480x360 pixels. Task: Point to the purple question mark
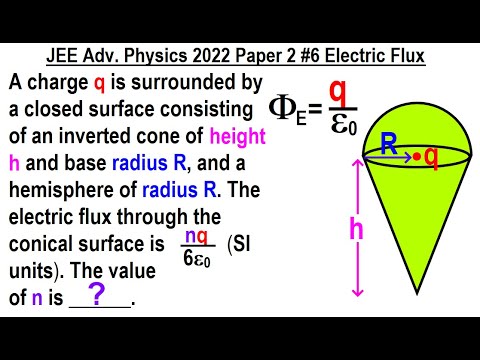tap(97, 293)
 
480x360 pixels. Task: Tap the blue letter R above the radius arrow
tap(388, 144)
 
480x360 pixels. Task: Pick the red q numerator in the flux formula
tap(338, 91)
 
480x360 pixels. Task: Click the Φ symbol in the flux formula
tap(284, 106)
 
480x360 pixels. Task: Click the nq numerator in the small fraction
tap(195, 238)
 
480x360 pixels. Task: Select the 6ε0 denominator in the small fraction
tap(195, 256)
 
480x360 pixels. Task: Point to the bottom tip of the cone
tap(418, 292)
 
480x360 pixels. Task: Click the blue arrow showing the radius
tap(394, 158)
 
